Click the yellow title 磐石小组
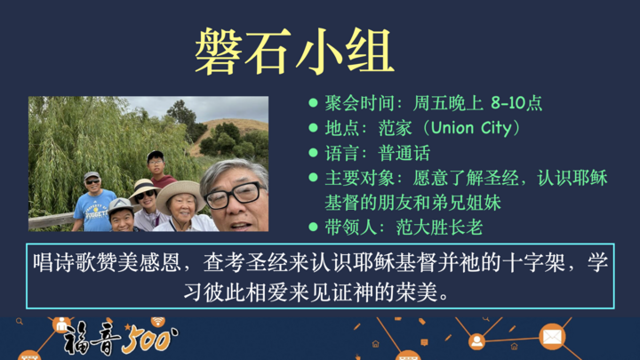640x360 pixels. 294,50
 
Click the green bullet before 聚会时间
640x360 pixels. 313,103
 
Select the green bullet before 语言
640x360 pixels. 313,153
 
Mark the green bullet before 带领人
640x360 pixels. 313,228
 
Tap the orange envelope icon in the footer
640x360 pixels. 552,337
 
